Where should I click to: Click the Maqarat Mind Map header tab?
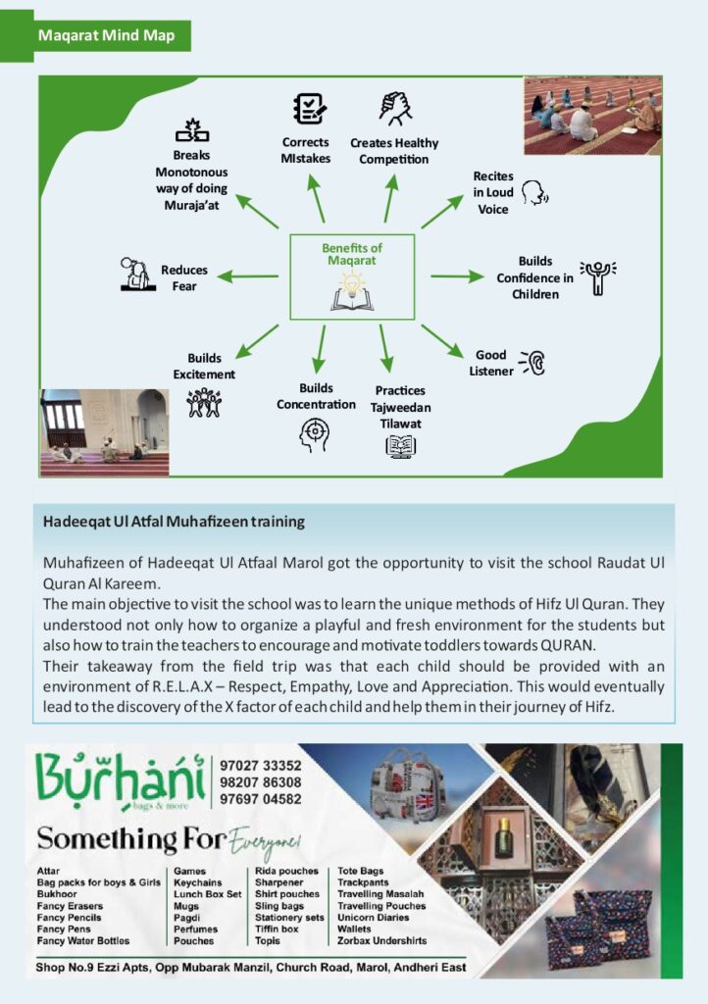(x=107, y=36)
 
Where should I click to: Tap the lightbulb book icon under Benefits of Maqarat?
(x=352, y=292)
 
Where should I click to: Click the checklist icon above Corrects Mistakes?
(x=309, y=108)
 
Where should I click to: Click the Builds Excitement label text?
(x=204, y=367)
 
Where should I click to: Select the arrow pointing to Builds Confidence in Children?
(x=456, y=276)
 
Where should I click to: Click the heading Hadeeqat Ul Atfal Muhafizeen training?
(x=174, y=522)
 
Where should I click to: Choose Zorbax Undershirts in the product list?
(x=381, y=941)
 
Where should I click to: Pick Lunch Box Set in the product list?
(x=207, y=894)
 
